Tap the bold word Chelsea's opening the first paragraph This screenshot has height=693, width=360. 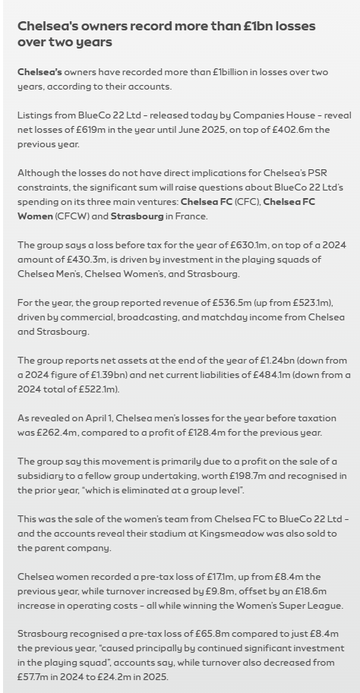(x=39, y=72)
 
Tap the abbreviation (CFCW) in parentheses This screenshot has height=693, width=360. (x=74, y=216)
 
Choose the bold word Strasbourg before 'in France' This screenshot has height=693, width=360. (x=137, y=216)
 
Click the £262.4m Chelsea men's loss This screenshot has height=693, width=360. (x=55, y=433)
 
